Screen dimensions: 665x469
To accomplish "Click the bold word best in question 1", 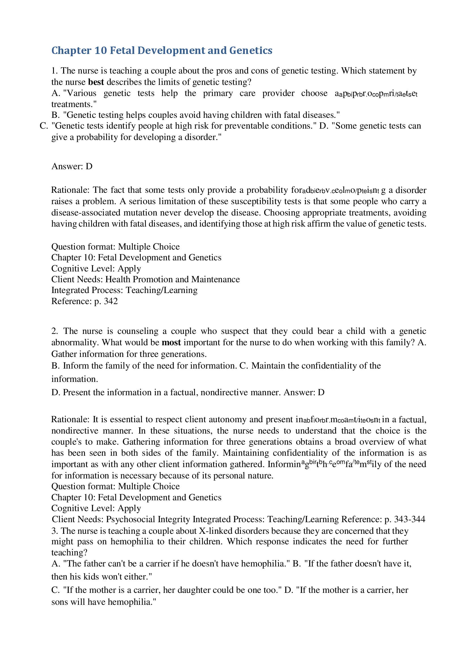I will coord(96,82).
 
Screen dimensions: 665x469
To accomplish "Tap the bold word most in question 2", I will coord(171,342).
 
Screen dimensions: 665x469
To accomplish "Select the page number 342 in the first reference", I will coord(111,301).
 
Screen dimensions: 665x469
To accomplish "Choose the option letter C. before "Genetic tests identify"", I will coord(44,126).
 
